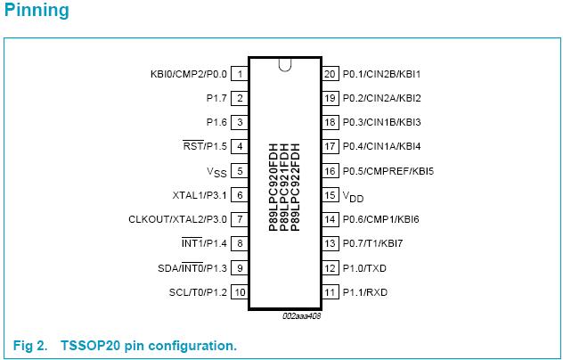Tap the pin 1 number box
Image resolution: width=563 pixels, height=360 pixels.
pos(241,74)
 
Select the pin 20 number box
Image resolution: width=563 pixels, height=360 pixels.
pos(330,74)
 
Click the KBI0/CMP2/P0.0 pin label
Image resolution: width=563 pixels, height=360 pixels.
pos(189,74)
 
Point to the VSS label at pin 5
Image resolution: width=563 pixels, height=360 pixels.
pos(217,171)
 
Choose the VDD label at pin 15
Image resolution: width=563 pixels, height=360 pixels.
pos(354,195)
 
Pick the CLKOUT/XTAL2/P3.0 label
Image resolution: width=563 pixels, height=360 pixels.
pos(178,219)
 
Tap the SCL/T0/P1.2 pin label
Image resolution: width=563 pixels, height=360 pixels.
pos(199,292)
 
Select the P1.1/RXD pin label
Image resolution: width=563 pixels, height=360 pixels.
pos(365,292)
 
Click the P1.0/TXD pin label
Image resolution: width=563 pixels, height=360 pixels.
pos(365,268)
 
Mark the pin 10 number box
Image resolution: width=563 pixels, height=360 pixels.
pos(241,292)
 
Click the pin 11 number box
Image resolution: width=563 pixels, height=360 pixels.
pos(330,292)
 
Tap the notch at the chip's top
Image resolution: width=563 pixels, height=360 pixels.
pos(285,64)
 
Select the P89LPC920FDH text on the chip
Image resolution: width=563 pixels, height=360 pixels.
pos(273,187)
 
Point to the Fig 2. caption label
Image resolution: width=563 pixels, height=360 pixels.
pos(30,345)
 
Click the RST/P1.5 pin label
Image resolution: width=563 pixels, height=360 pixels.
pos(204,147)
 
